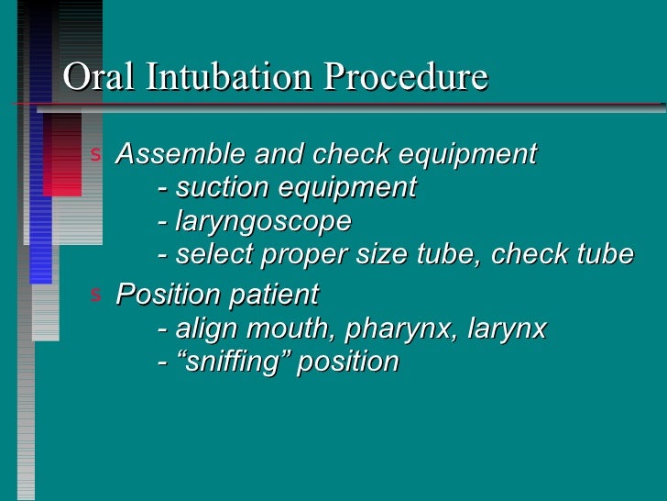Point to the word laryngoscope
point(264,221)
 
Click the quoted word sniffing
point(233,362)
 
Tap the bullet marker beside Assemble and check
point(94,153)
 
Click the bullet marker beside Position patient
point(94,294)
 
